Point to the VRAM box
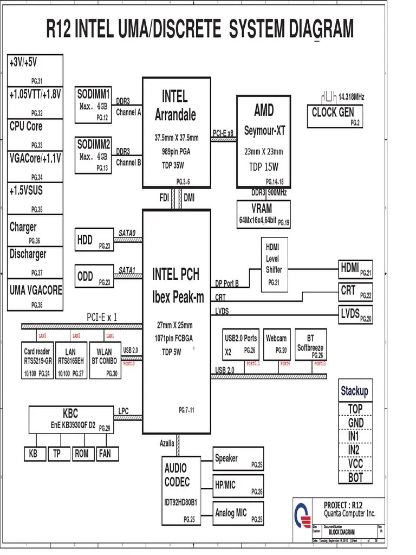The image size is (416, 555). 263,214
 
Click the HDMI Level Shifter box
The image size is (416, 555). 274,264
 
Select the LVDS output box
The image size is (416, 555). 355,314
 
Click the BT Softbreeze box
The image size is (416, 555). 311,344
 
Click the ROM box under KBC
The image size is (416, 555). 81,454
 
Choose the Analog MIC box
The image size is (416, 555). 238,513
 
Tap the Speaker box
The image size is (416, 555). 238,460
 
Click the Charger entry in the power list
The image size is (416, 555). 35,230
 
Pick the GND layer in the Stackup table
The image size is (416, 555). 355,423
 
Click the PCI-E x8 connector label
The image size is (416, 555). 223,132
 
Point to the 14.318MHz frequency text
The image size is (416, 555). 351,97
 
